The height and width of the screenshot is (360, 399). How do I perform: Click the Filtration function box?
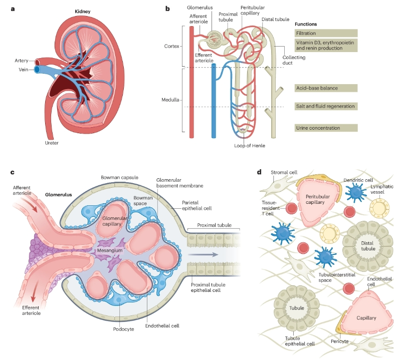click(x=326, y=33)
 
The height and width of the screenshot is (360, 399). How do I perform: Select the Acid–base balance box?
click(x=326, y=88)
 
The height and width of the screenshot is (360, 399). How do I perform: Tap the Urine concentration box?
click(x=326, y=128)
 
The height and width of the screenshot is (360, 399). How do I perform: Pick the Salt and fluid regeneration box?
click(x=326, y=106)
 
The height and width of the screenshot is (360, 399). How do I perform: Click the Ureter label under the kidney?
click(x=52, y=143)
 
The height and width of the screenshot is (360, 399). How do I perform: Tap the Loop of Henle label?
click(x=249, y=146)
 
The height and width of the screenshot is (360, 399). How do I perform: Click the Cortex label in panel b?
click(x=171, y=46)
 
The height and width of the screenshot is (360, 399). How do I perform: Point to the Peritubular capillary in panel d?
click(x=320, y=200)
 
